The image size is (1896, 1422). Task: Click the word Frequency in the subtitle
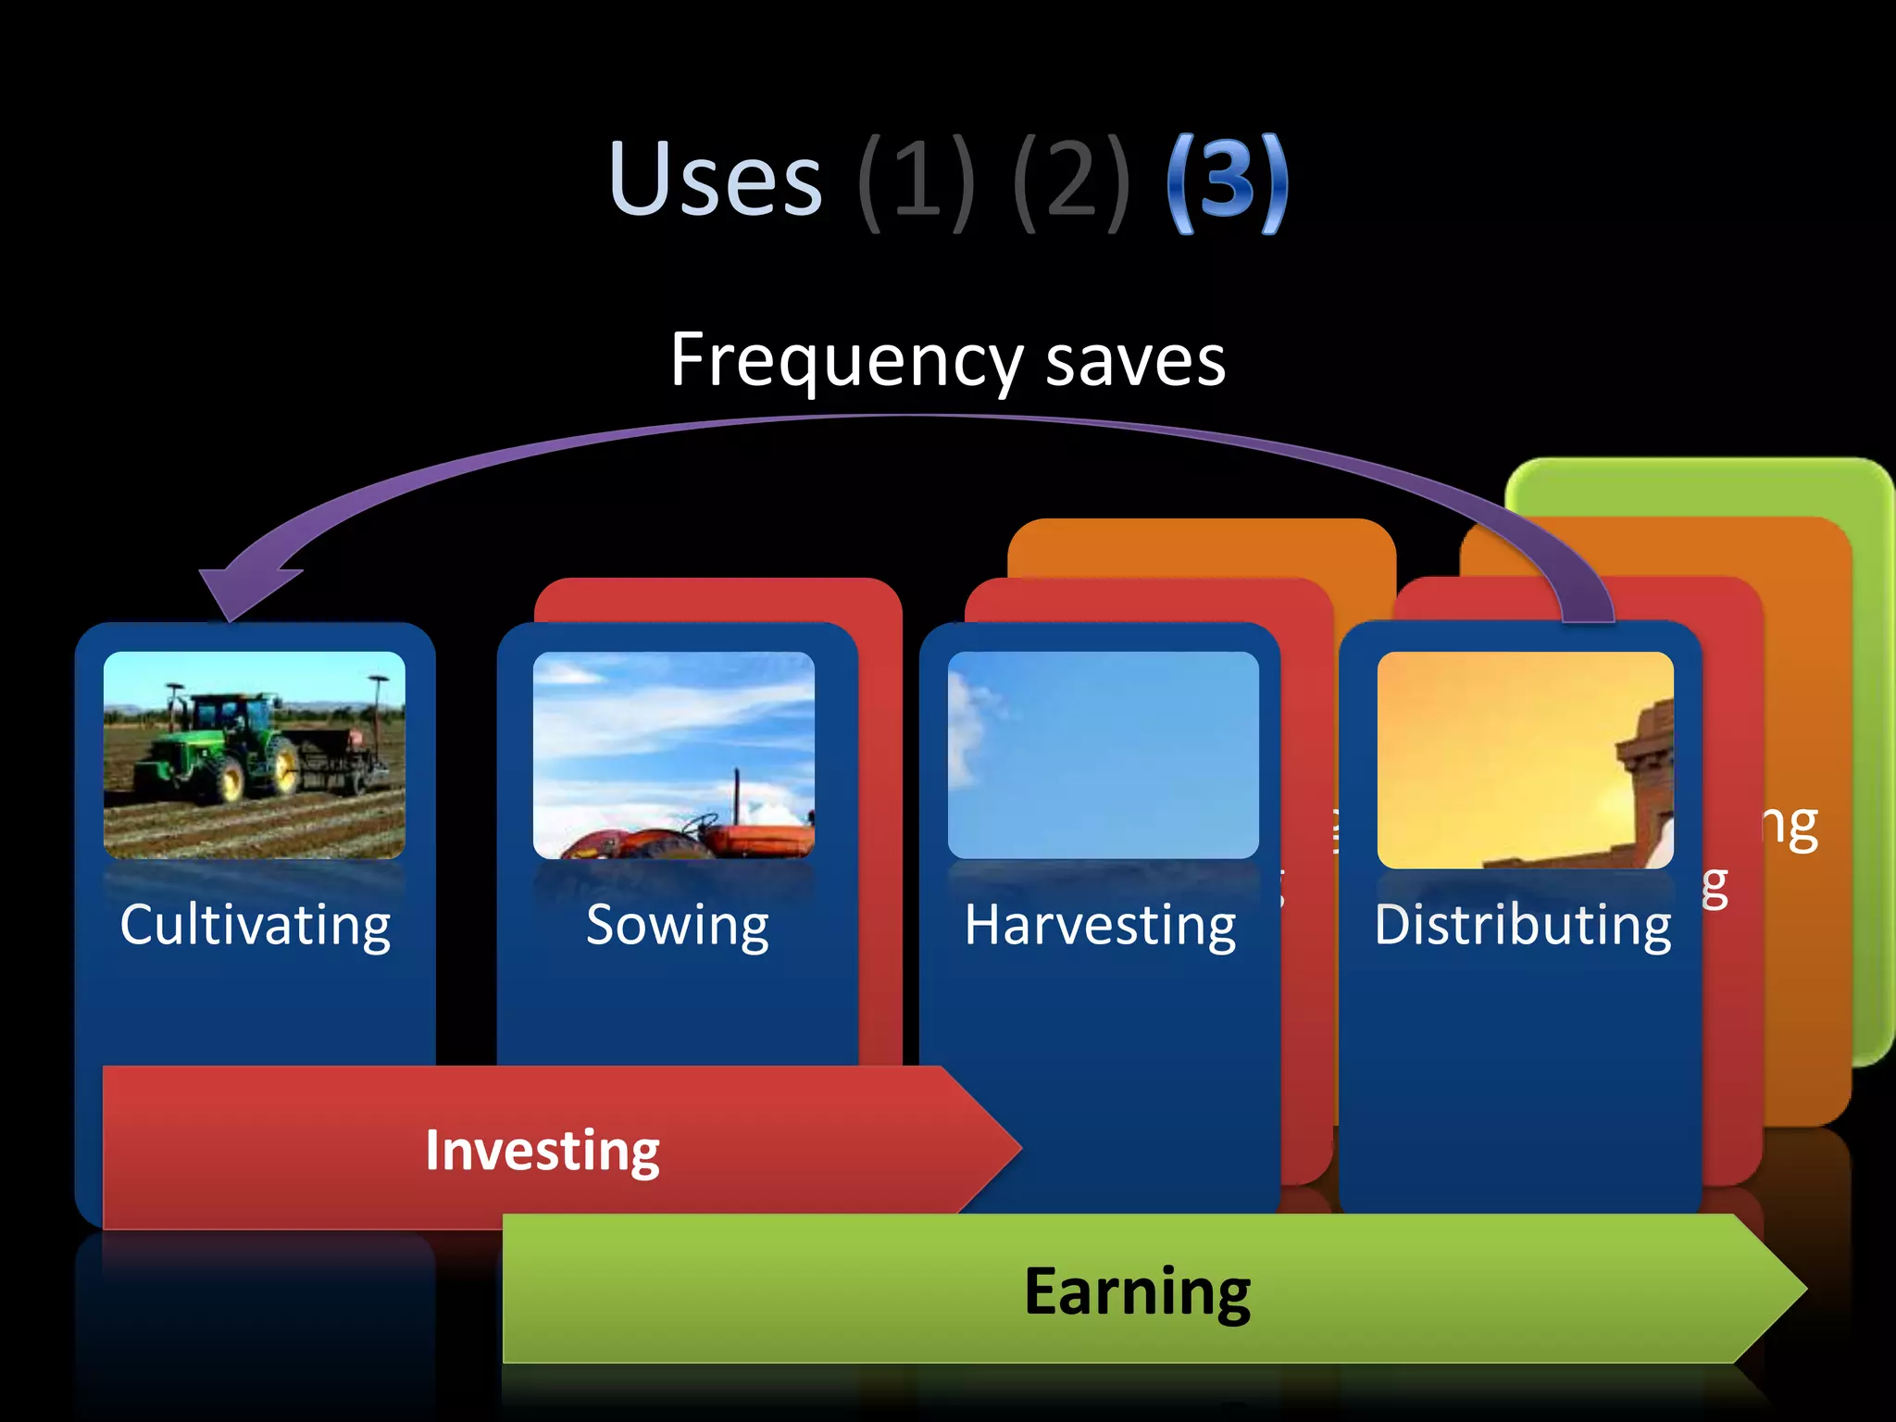point(845,361)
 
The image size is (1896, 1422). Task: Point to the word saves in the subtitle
point(1135,361)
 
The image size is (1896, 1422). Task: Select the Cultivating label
point(256,925)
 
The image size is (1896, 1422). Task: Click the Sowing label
point(678,925)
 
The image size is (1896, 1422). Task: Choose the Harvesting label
point(1100,925)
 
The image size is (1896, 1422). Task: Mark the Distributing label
point(1523,925)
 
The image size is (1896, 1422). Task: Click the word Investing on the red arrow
point(543,1151)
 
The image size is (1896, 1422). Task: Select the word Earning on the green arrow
point(1137,1291)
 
